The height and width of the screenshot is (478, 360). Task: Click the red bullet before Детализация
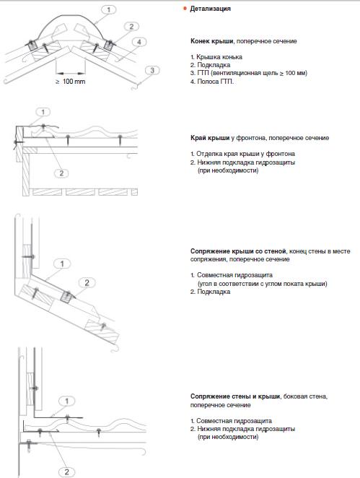click(185, 9)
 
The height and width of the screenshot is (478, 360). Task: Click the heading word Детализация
click(210, 9)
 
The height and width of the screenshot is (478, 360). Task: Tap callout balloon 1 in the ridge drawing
click(109, 10)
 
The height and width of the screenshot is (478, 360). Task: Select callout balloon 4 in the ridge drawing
click(139, 42)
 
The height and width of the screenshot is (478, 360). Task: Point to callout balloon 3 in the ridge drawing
click(152, 71)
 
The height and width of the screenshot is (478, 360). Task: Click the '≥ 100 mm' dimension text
click(71, 82)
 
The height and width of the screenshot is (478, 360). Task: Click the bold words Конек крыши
click(212, 41)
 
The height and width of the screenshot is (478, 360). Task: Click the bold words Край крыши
click(210, 138)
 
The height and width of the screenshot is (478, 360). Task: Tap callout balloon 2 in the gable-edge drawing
click(61, 173)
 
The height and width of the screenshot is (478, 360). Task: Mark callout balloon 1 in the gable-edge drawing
click(43, 112)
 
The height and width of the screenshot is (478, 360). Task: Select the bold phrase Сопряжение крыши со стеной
click(238, 251)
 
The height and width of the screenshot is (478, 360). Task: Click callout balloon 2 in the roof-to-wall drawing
click(87, 282)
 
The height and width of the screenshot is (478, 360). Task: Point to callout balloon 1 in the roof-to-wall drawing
click(63, 264)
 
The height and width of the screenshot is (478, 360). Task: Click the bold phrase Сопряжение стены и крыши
click(235, 396)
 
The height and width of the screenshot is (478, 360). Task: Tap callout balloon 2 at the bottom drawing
click(66, 472)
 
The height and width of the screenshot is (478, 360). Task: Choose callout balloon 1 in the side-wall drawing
click(66, 401)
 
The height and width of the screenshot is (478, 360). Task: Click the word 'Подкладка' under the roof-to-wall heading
click(214, 292)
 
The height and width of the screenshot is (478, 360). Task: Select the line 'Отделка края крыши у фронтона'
click(245, 154)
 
